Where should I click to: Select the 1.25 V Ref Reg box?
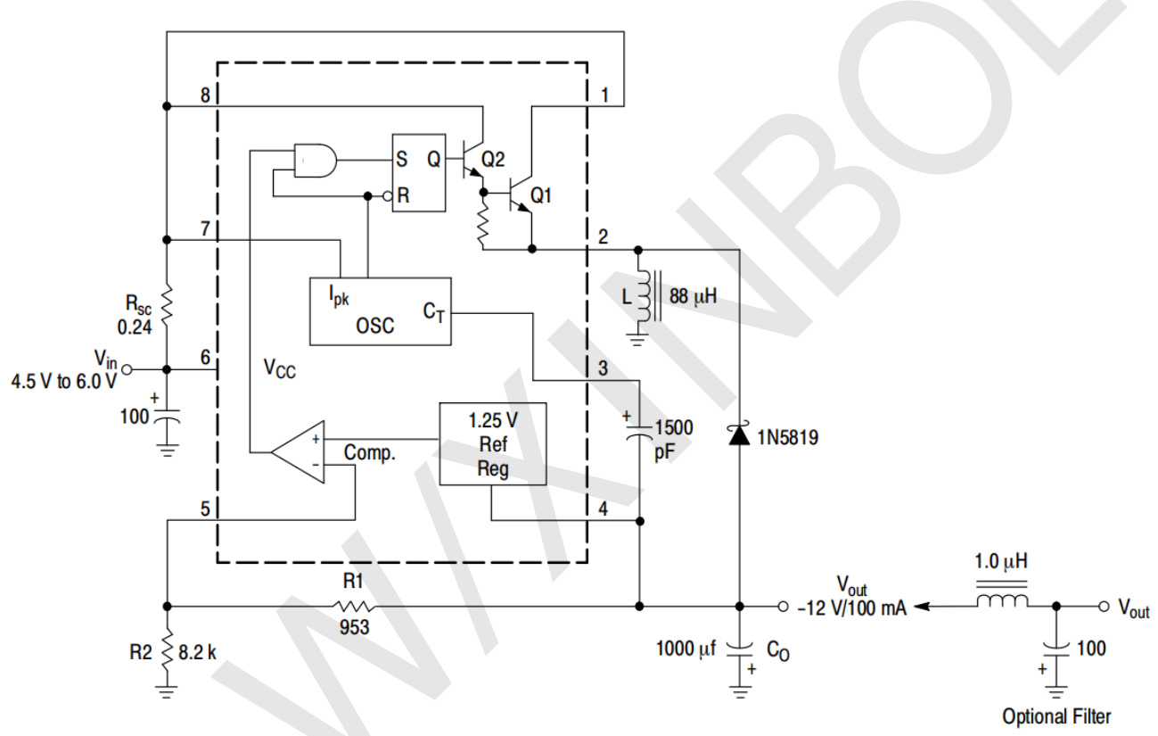(x=492, y=443)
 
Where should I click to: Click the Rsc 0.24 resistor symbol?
(x=167, y=303)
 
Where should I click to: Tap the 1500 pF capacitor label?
(x=671, y=438)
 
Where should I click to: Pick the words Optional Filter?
(x=1056, y=715)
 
